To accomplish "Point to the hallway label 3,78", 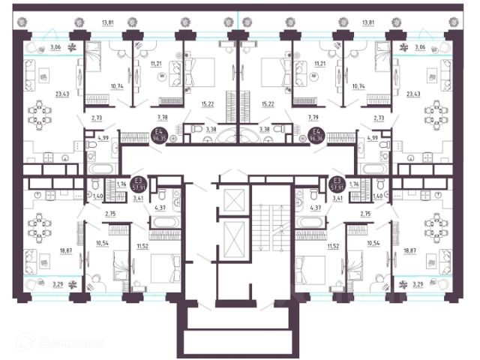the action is click(x=163, y=118).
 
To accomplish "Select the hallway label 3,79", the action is click(x=313, y=118).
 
